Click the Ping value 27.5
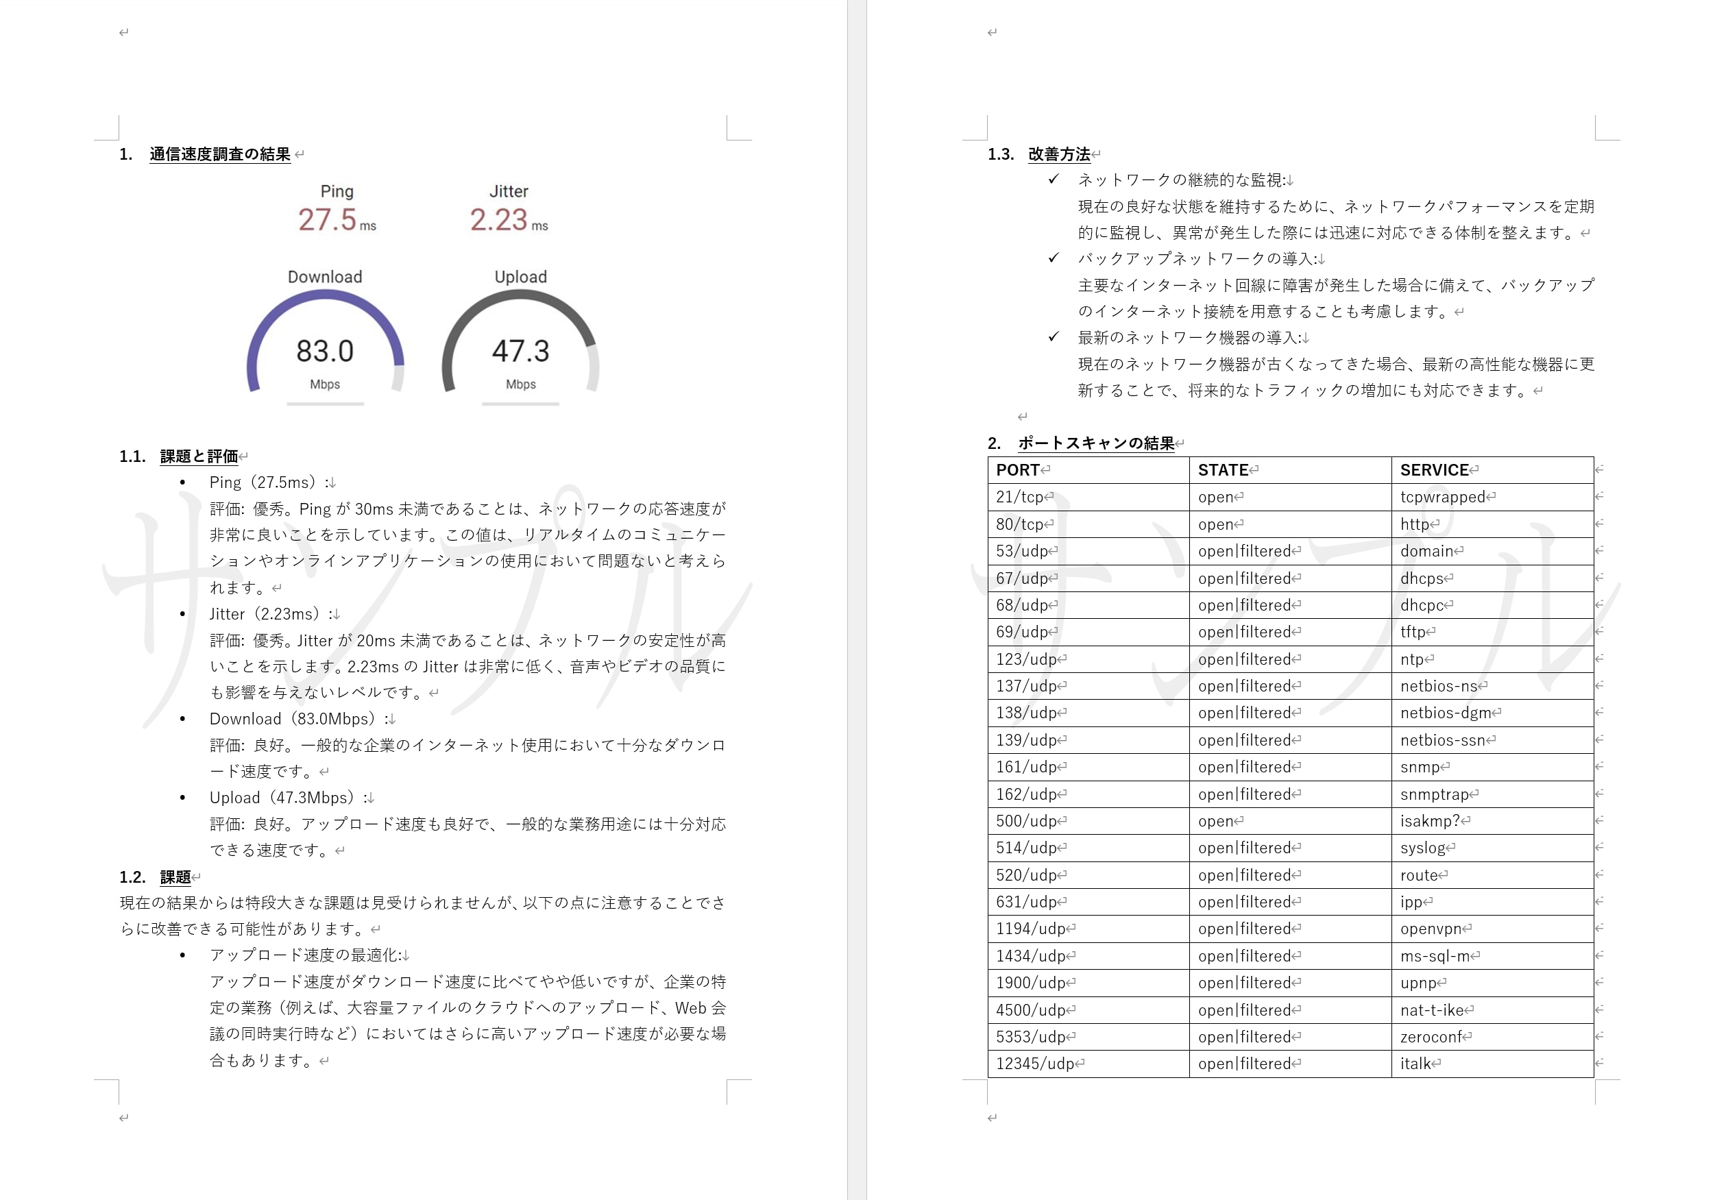pos(327,219)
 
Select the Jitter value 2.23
pos(498,219)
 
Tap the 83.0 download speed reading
pos(325,351)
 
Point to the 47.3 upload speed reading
pos(521,351)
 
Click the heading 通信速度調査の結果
pos(219,154)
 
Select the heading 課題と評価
pos(199,456)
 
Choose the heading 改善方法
pos(1058,154)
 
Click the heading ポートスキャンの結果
pos(1096,443)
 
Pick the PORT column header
pos(1017,469)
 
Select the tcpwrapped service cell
pos(1442,498)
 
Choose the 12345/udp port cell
pos(1034,1064)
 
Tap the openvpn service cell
pos(1431,929)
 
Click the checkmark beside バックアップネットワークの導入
pos(1054,258)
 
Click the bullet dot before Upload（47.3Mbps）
pos(182,798)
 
